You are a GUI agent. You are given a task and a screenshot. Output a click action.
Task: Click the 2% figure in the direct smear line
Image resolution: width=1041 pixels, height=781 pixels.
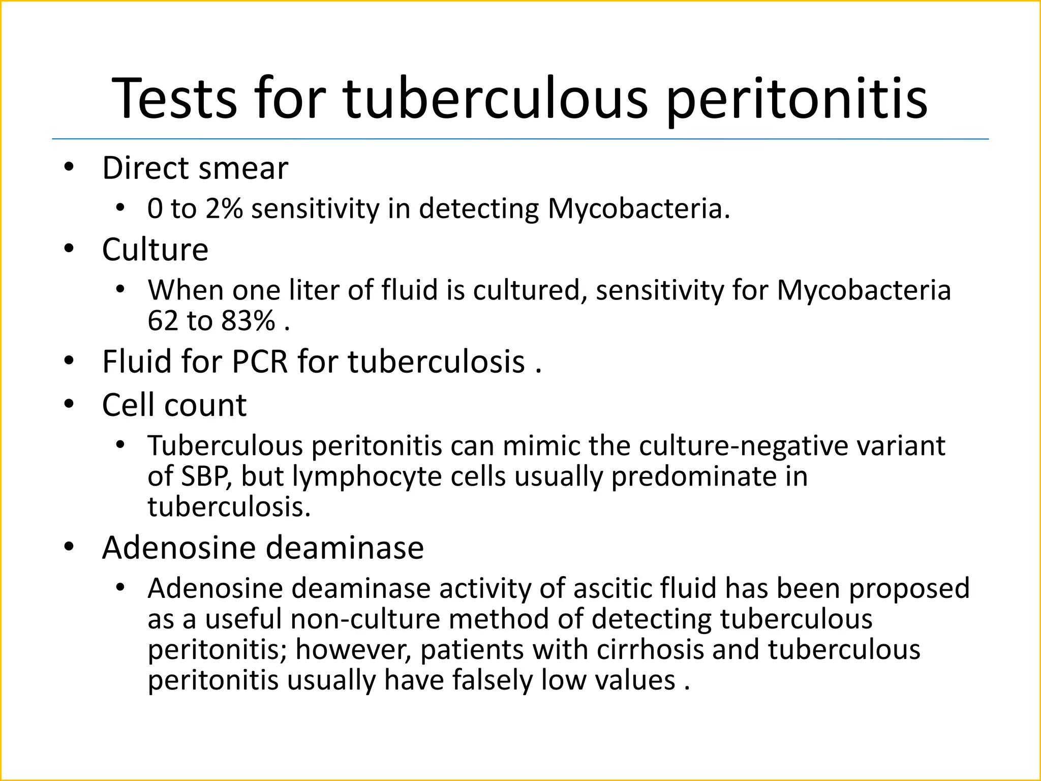[224, 209]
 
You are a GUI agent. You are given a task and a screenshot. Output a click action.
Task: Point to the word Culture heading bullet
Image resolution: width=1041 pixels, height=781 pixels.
[155, 250]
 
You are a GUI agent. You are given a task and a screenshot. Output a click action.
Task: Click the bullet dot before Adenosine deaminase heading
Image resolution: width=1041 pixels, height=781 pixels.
[69, 547]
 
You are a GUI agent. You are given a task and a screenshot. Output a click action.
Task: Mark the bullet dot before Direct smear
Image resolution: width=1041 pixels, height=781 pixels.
[69, 167]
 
